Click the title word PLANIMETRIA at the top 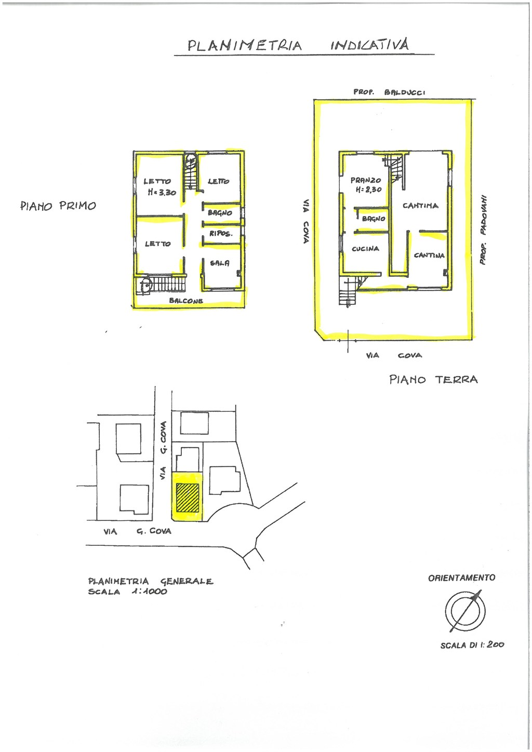245,45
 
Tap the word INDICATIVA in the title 370,44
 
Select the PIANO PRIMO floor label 58,206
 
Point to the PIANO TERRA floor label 433,380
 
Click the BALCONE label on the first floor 186,301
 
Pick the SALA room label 220,263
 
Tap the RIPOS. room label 221,234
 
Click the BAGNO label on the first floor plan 220,213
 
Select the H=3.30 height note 162,193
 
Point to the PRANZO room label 366,180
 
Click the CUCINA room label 365,249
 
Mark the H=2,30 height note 368,190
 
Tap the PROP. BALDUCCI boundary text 389,92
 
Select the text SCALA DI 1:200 472,644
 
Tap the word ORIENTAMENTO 461,578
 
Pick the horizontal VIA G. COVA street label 138,531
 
